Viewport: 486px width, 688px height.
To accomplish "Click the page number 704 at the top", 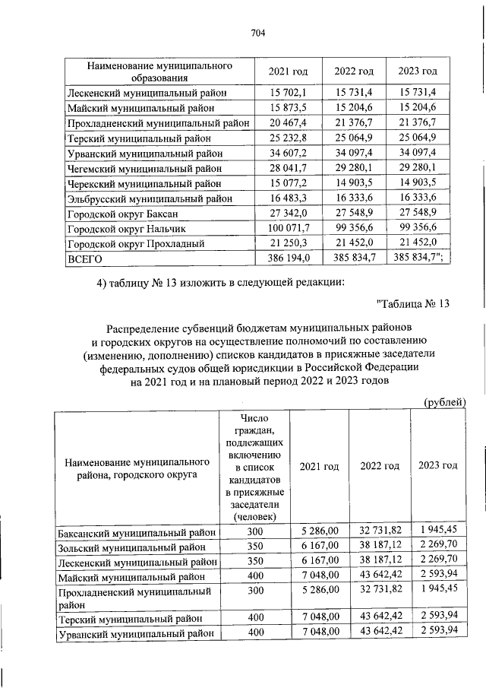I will pos(257,32).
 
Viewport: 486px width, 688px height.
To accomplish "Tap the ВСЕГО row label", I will pos(85,259).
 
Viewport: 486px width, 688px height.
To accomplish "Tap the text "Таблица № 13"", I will pos(415,305).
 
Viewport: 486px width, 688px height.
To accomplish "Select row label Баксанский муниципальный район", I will pos(137,533).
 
